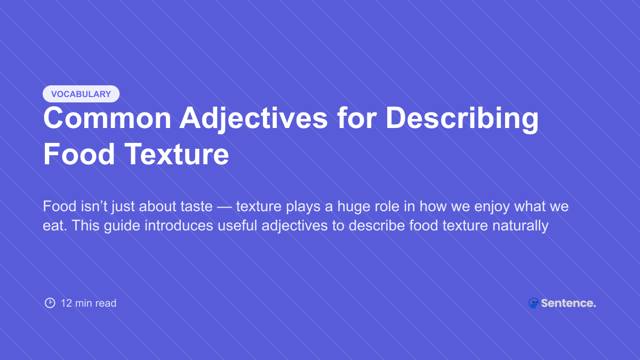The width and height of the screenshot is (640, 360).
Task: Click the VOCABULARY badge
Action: point(81,94)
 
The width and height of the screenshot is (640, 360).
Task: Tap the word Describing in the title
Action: point(462,118)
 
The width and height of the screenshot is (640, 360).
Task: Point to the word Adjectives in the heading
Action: point(253,118)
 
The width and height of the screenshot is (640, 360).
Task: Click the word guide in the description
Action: point(115,226)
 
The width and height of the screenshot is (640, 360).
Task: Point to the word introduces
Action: point(175,226)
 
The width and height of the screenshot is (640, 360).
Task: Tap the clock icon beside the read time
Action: point(50,303)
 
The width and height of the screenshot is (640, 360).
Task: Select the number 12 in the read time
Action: point(66,303)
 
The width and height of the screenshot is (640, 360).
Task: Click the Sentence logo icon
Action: point(533,303)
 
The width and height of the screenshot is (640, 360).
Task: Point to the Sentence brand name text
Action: point(569,303)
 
